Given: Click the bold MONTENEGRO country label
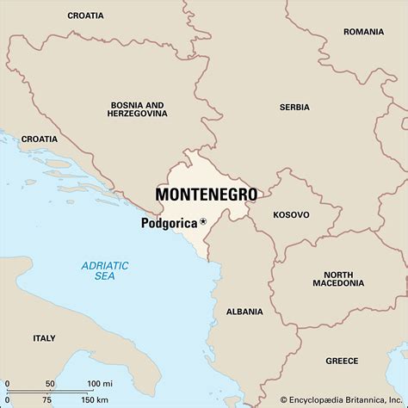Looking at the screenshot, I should (x=206, y=195).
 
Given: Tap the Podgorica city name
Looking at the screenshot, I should (x=169, y=222).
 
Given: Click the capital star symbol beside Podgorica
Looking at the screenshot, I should (x=203, y=222).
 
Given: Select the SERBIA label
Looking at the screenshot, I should (x=294, y=108).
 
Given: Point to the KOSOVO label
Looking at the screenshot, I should (x=290, y=214).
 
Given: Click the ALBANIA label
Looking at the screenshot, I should (x=244, y=311).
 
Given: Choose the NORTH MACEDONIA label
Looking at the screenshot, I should (x=332, y=278).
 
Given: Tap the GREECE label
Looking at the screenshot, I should (x=342, y=361).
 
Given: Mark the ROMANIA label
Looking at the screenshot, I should (x=363, y=32).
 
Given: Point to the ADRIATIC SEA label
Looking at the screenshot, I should (x=103, y=272).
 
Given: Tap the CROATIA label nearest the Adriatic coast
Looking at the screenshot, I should (x=40, y=139).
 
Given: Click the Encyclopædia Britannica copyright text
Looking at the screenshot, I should (x=343, y=399).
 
